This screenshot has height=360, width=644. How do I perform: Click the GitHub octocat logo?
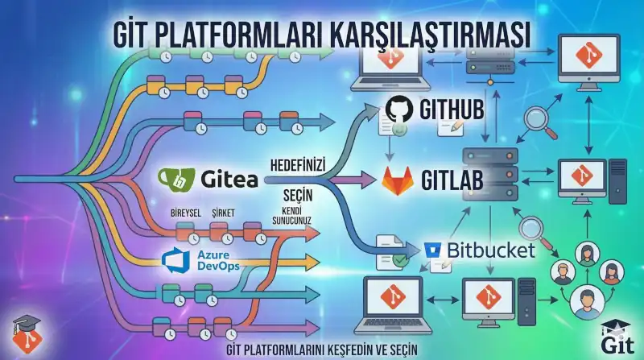(400, 110)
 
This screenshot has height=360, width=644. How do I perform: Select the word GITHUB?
(452, 110)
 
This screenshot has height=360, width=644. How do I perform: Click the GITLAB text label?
(453, 180)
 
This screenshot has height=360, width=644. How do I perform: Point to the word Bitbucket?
(489, 250)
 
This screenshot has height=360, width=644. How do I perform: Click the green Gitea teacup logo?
(175, 177)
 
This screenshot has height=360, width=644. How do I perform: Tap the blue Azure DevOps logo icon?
(175, 261)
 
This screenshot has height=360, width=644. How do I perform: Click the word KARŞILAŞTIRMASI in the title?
(419, 35)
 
